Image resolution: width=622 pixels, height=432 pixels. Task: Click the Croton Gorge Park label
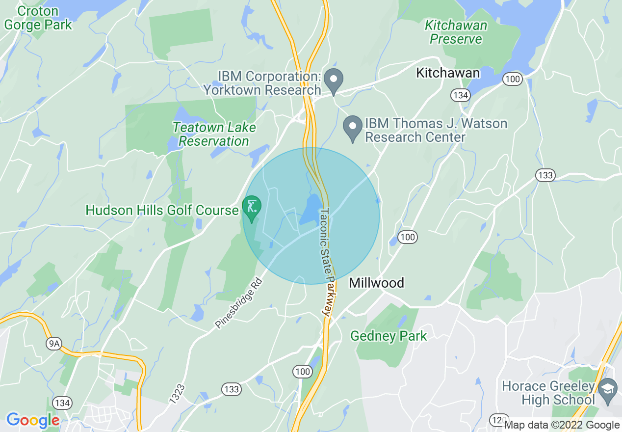coord(38,18)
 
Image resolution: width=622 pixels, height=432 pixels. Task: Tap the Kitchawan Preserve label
coord(456,32)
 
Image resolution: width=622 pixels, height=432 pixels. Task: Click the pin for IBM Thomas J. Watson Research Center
coord(352,127)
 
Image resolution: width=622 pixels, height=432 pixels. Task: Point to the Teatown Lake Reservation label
coord(214,134)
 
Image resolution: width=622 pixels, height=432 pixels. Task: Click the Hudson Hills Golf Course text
coord(162,211)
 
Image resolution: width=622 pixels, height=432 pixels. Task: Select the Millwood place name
coord(377,283)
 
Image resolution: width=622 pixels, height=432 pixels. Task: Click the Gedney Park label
coord(389,336)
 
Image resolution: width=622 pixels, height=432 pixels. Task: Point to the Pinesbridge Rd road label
coord(239,304)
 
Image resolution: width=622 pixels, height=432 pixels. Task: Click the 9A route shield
coord(54,344)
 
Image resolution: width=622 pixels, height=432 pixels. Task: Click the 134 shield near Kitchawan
coord(460,95)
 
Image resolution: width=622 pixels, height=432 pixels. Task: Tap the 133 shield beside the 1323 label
coord(231,390)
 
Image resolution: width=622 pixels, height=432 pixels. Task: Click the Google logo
coord(33,420)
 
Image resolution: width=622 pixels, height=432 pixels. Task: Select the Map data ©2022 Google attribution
coord(562,425)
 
